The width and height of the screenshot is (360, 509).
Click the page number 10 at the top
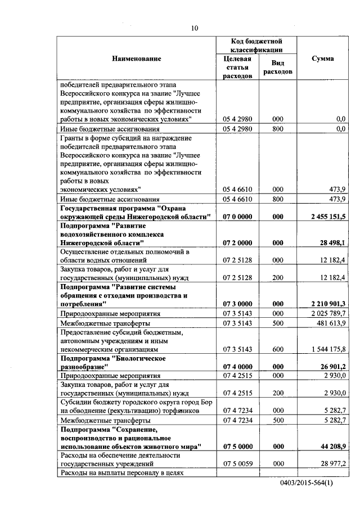click(194, 28)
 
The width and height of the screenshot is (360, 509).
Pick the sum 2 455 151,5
click(327, 217)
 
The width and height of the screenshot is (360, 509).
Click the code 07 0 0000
click(237, 217)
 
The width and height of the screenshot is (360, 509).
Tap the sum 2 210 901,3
click(327, 304)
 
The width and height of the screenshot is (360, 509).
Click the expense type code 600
click(277, 349)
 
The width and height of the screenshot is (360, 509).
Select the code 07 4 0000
click(237, 367)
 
